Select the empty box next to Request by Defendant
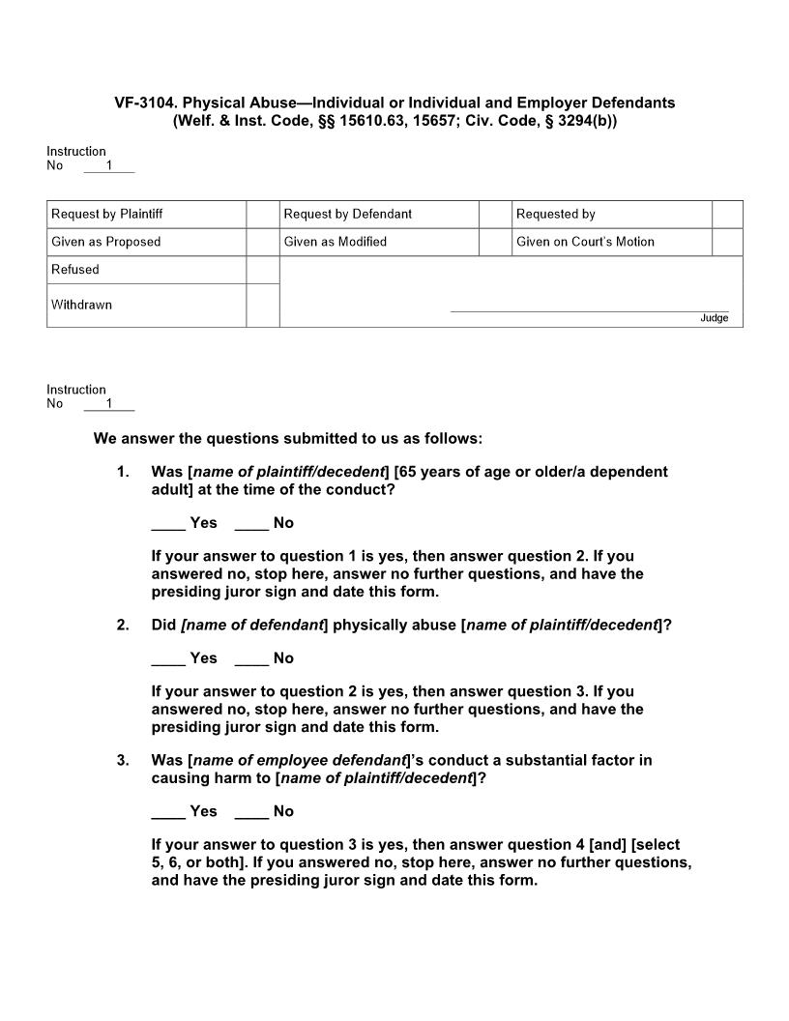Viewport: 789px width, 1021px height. point(495,214)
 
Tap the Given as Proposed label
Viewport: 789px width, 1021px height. point(106,242)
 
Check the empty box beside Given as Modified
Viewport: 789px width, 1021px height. point(495,242)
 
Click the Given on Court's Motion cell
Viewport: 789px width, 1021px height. point(585,242)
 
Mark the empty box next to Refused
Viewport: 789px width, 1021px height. point(262,270)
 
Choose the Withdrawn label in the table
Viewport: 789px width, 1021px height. point(82,305)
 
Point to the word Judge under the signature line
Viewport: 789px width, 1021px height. point(714,318)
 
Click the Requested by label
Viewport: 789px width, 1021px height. point(556,214)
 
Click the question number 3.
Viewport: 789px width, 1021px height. point(123,760)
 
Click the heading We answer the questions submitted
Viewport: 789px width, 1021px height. point(287,438)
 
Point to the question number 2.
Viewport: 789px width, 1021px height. point(123,625)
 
